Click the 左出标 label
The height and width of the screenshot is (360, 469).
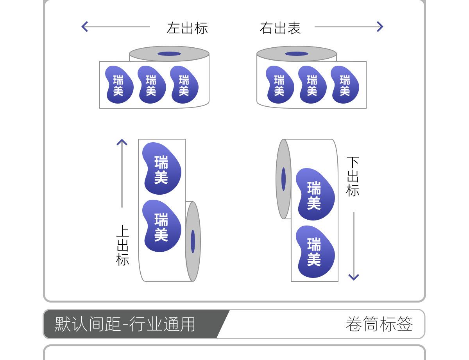pos(187,28)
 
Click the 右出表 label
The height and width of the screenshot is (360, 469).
pos(280,28)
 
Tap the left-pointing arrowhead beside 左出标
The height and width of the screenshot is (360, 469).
pos(84,27)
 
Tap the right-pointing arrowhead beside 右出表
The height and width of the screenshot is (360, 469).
pos(379,27)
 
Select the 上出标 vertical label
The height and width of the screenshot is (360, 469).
pos(122,245)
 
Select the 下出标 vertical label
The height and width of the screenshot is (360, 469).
pos(353,176)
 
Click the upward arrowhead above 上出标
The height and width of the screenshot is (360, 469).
pos(122,142)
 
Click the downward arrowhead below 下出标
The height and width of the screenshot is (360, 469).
pos(354,277)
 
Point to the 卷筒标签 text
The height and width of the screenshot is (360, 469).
pos(379,324)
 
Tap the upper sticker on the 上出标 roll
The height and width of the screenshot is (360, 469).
pos(161,168)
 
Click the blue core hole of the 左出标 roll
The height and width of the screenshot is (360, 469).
pos(169,54)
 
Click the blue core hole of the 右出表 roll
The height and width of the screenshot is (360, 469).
pos(297,54)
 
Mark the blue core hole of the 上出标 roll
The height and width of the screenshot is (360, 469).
pos(193,241)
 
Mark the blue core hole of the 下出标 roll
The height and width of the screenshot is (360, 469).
pos(283,179)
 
